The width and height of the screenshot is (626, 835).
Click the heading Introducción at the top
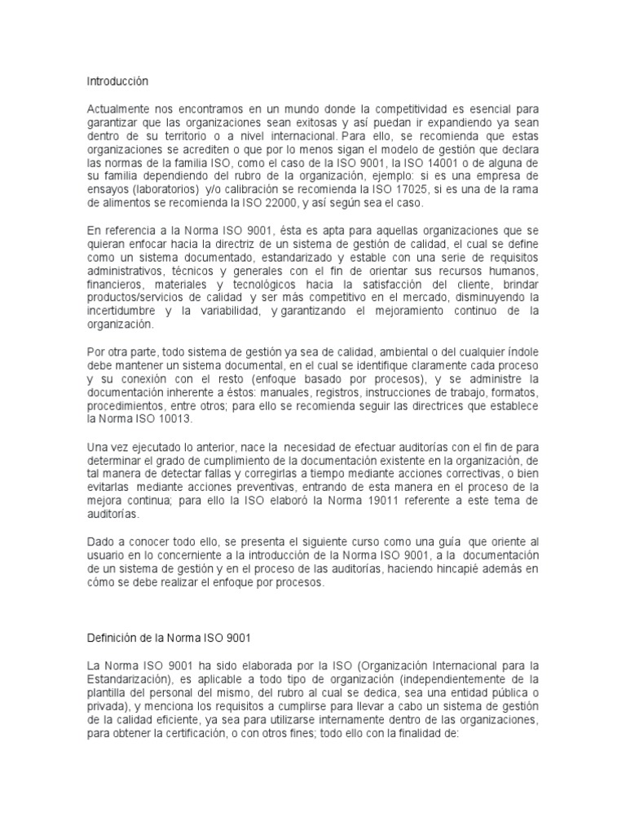point(119,82)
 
